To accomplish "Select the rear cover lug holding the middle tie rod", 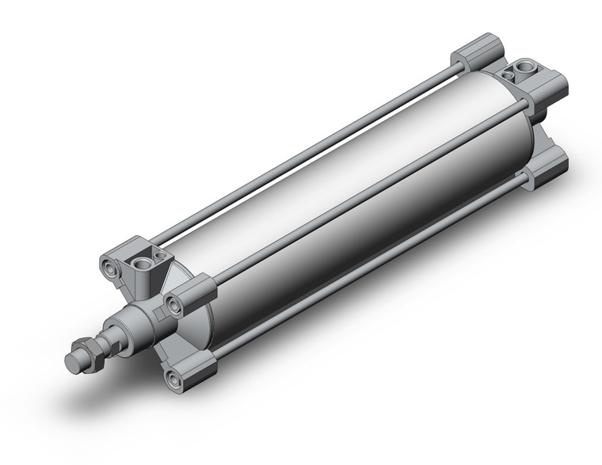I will point(547,92).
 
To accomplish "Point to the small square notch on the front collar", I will point(160,314).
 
